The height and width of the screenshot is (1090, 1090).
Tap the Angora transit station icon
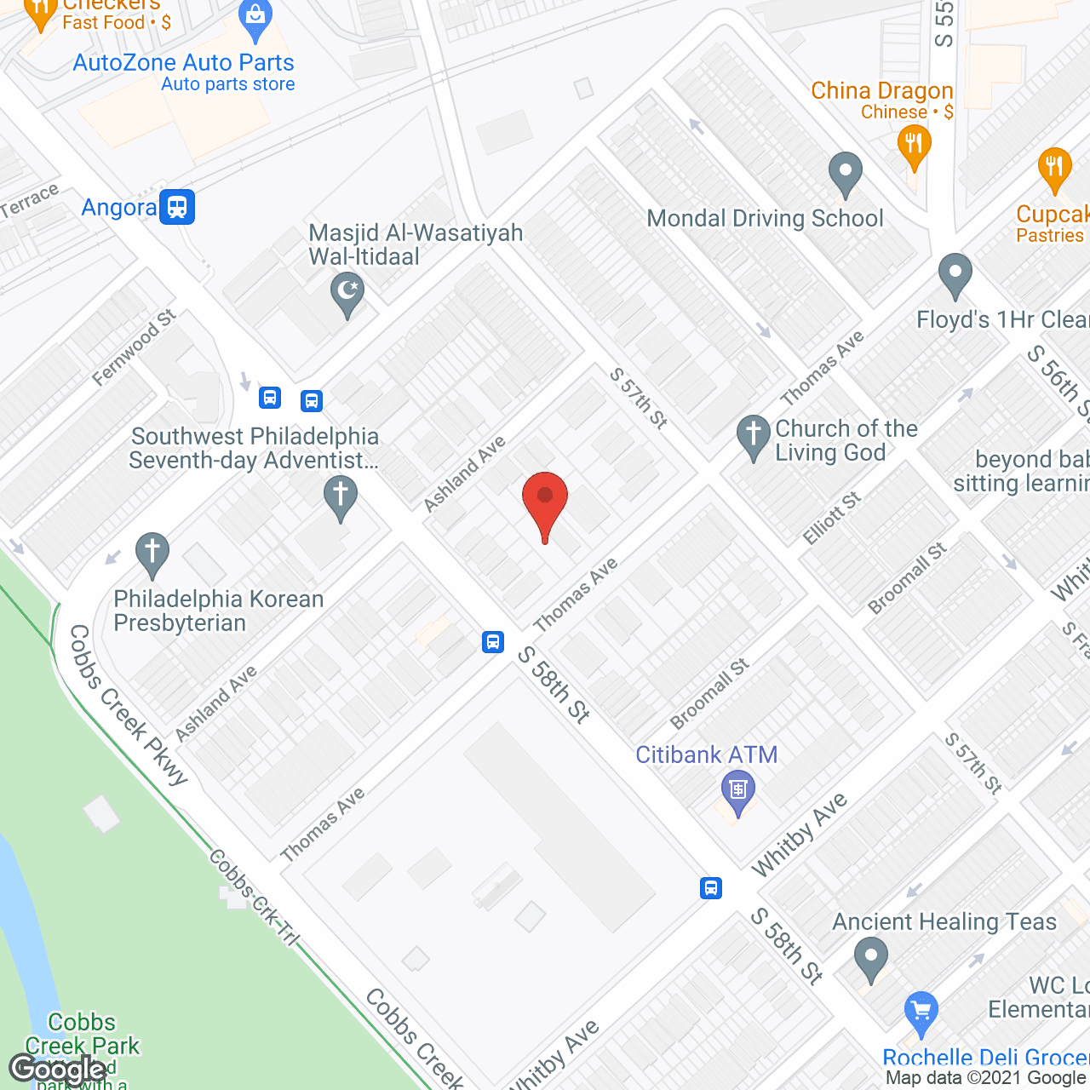coord(177,206)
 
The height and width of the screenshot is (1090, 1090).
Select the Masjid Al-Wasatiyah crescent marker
coord(347,293)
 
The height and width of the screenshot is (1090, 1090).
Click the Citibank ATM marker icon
coord(737,790)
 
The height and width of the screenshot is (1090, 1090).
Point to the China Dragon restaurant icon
coord(914,146)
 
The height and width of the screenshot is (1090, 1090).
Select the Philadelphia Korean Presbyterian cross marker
coord(152,554)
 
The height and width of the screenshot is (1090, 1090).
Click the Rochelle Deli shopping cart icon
coord(921,1012)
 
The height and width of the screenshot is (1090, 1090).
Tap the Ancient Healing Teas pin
coord(870,957)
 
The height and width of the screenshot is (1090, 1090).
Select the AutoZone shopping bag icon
coord(255,19)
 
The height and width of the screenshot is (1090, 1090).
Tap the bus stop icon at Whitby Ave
coord(711,888)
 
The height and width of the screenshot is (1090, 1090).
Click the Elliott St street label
coord(832,518)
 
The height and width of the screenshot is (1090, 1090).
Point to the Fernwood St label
coord(134,347)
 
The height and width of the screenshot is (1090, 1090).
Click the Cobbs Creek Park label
coord(82,1033)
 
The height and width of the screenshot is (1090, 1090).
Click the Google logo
coord(58,1070)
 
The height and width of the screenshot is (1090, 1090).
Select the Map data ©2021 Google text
coord(986,1078)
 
